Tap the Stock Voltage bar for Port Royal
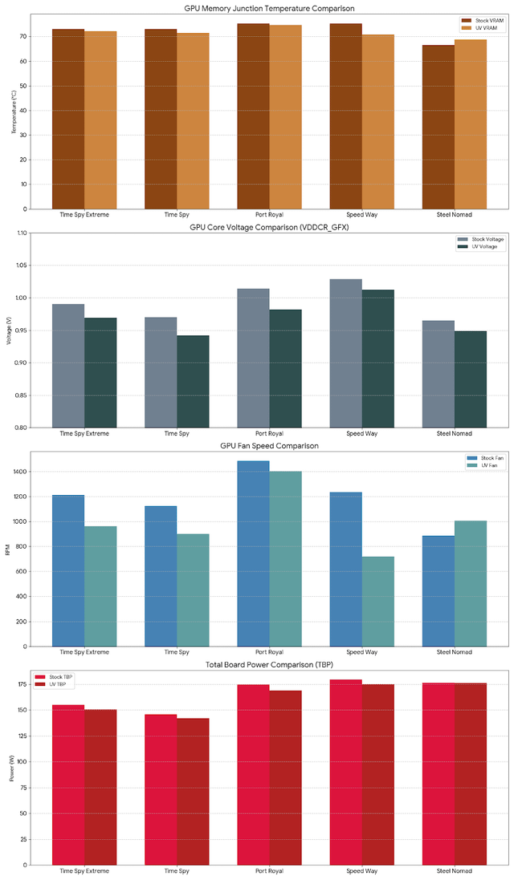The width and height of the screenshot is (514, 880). [253, 358]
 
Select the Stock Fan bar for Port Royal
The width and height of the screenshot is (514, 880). [253, 554]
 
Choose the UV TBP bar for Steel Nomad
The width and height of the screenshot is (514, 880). [470, 774]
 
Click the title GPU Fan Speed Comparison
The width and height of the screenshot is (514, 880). [269, 445]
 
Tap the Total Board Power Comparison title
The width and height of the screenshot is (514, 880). [269, 665]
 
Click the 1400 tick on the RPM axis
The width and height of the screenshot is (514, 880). [18, 472]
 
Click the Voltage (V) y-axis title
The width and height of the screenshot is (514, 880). [9, 330]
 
